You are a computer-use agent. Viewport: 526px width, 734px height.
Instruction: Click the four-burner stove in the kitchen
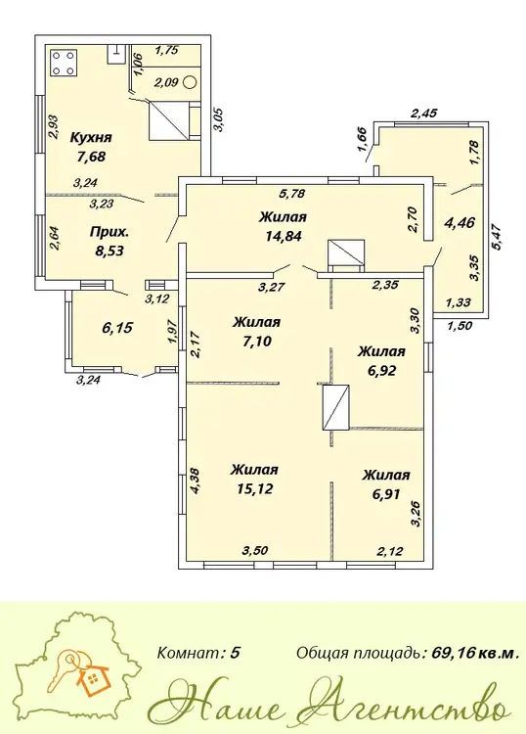click(x=63, y=64)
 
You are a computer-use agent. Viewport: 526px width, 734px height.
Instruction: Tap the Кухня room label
click(x=91, y=138)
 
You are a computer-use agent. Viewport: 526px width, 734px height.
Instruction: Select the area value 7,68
click(x=91, y=157)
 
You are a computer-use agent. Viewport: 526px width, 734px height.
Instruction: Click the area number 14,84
click(x=284, y=236)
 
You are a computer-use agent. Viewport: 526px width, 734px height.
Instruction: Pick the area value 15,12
click(x=255, y=488)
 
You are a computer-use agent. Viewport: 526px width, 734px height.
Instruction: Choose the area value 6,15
click(x=117, y=328)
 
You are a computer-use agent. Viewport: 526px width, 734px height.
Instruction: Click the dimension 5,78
click(x=289, y=193)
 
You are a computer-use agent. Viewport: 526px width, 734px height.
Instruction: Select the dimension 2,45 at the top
click(x=423, y=113)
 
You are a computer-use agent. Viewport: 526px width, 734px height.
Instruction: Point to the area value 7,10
click(x=258, y=342)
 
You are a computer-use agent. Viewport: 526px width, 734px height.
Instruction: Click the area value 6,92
click(x=381, y=371)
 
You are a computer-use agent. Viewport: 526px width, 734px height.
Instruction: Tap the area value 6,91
click(x=386, y=494)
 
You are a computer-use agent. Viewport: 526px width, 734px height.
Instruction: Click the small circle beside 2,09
click(x=190, y=82)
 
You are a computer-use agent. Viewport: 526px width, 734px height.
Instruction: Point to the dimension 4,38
click(x=196, y=482)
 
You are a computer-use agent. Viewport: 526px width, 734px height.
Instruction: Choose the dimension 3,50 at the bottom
click(x=255, y=550)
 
